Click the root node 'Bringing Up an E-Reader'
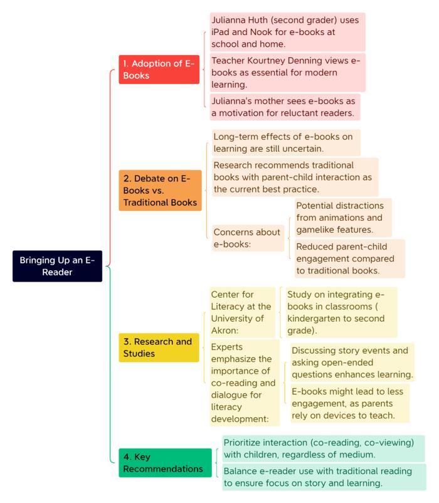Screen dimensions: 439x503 click(58, 266)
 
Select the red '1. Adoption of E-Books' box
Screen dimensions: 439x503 click(159, 69)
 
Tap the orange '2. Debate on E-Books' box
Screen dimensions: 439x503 click(160, 190)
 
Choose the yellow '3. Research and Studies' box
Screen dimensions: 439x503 click(159, 347)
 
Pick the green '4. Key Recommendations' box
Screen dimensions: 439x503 click(165, 463)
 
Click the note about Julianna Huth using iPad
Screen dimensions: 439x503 click(287, 32)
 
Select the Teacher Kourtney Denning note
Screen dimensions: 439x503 click(287, 73)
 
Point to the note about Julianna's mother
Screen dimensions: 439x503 click(285, 107)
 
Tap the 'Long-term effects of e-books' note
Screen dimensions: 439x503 click(286, 142)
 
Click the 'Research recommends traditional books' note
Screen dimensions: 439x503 click(295, 177)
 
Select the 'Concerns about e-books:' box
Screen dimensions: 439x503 click(248, 238)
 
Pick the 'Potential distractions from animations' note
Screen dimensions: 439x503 click(343, 218)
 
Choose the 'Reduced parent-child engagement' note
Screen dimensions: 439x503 click(349, 258)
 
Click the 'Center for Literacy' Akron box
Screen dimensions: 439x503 click(242, 312)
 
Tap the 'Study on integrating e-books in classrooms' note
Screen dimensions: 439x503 click(341, 312)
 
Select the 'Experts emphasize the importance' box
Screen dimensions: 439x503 click(245, 383)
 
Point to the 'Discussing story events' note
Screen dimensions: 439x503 click(352, 362)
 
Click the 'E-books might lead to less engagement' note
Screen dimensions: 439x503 click(349, 403)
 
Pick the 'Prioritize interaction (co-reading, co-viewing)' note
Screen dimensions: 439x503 click(323, 448)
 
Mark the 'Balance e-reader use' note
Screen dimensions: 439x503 click(324, 477)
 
